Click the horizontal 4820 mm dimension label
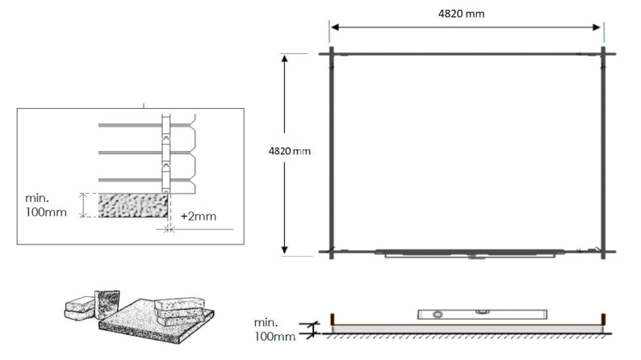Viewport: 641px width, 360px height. coord(466,13)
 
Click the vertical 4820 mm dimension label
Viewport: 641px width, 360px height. coord(288,151)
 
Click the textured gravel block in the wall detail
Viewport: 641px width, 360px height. coord(132,205)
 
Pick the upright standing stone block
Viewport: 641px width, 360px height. coord(106,304)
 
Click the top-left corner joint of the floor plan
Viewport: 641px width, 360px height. coord(330,54)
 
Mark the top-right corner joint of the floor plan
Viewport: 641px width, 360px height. coord(603,54)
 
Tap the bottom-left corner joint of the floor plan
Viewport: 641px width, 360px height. coord(330,252)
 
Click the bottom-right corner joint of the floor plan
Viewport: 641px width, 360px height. coord(603,252)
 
